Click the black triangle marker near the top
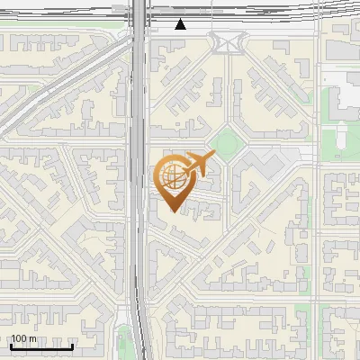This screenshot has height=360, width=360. [x=181, y=24]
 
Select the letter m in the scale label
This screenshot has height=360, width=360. [x=34, y=338]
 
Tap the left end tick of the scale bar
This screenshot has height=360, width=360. [x=10, y=346]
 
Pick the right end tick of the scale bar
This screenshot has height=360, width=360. [x=72, y=346]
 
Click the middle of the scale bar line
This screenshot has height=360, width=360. [x=41, y=347]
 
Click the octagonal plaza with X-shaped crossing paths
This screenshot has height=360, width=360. [x=227, y=41]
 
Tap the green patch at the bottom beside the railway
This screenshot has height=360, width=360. [x=124, y=340]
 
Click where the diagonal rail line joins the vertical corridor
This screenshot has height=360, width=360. [x=131, y=40]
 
